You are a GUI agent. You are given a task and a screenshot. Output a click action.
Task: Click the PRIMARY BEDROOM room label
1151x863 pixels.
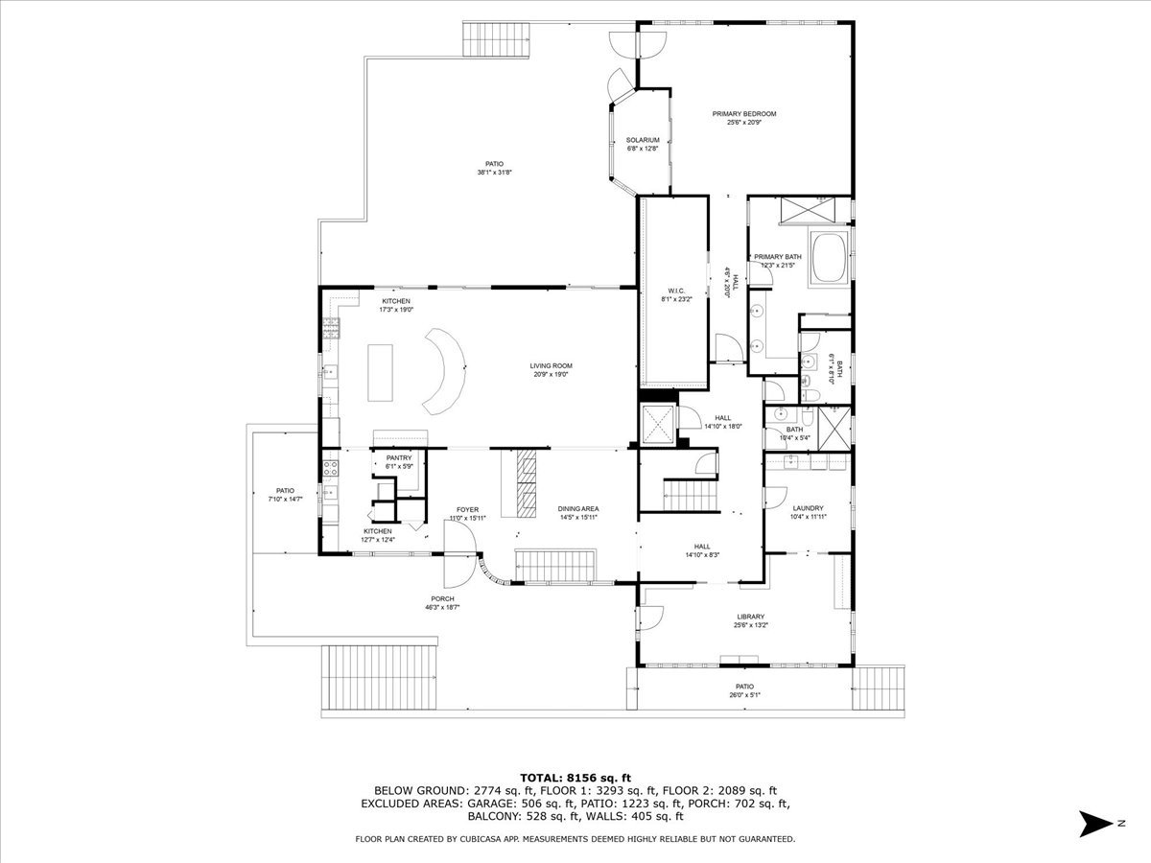click(x=743, y=114)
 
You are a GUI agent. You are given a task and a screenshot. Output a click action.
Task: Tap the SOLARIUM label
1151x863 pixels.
click(x=643, y=140)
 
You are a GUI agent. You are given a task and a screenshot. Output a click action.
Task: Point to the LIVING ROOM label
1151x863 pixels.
click(x=551, y=365)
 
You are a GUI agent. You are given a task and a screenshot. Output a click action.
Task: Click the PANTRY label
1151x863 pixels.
click(x=399, y=458)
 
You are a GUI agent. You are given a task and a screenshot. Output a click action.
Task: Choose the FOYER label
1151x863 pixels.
click(x=467, y=510)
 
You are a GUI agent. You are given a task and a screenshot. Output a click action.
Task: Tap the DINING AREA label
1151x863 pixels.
click(x=578, y=509)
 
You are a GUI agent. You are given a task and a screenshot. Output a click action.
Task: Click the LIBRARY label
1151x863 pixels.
click(x=750, y=617)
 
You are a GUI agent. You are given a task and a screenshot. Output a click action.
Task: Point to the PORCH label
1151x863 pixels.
click(x=442, y=599)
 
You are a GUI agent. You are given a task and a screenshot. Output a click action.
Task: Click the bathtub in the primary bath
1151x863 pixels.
click(x=830, y=257)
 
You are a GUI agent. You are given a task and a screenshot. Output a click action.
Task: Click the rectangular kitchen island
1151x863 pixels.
click(x=380, y=372)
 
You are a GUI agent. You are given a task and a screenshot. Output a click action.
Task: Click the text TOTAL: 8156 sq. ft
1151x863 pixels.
click(x=575, y=778)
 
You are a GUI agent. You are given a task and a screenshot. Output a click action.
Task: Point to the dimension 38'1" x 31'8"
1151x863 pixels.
click(x=495, y=173)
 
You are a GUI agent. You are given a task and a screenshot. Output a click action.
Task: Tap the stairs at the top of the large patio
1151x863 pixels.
click(x=484, y=38)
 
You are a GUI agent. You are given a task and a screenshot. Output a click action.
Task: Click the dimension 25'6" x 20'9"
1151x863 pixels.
click(x=743, y=123)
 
